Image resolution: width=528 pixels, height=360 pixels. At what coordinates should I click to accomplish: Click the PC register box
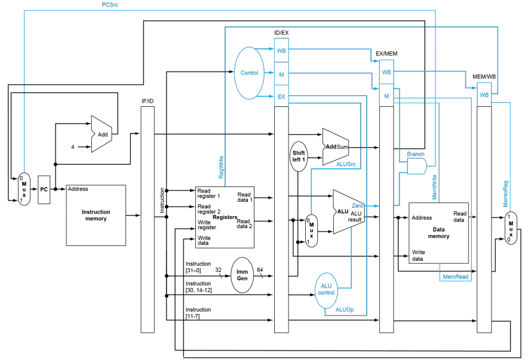coord(44,189)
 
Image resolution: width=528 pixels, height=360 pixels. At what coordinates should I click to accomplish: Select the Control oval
coord(249,73)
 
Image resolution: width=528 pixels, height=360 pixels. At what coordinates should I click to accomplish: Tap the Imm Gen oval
coord(242,275)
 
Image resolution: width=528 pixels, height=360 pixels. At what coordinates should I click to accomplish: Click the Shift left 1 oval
coord(299,156)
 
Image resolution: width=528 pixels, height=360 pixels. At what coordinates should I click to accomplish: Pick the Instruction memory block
coord(96,216)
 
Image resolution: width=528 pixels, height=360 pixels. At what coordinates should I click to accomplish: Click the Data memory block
coord(438,233)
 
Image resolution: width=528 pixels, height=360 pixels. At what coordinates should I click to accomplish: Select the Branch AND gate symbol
coord(417,166)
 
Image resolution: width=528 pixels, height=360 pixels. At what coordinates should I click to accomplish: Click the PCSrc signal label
coord(110,5)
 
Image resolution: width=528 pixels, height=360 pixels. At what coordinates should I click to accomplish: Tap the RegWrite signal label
coord(221,167)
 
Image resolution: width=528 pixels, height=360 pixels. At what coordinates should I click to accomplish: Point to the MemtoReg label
coord(505,194)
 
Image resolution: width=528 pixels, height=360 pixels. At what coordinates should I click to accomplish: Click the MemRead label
coord(455,276)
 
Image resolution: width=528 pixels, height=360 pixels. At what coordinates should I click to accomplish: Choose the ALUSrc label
coord(346,164)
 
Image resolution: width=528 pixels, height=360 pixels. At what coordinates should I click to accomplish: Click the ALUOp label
coord(345,309)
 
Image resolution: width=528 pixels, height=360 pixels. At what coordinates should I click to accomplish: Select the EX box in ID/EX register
coord(281,97)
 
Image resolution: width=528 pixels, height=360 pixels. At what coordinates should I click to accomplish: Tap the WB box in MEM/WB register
coord(484,95)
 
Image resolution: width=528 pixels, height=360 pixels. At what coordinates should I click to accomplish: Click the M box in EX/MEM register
coord(386,96)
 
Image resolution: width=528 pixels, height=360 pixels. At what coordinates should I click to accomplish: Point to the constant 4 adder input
coord(72,147)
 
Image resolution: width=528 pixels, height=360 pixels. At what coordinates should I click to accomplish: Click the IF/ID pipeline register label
coord(148,101)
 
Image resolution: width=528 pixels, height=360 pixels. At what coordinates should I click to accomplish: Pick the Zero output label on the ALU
coord(357,205)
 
